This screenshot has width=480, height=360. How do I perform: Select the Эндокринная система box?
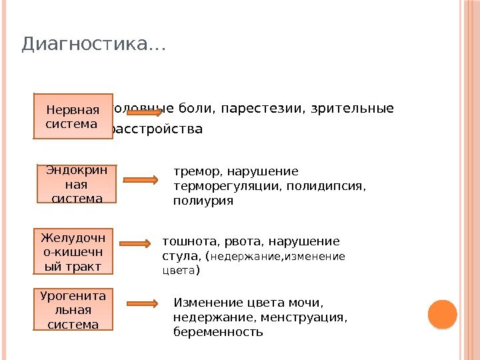coord(76,184)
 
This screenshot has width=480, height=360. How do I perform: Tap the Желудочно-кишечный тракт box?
coord(73,251)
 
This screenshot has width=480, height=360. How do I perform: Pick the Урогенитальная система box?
coord(73,309)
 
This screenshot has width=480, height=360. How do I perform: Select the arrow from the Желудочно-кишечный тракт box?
coord(139,245)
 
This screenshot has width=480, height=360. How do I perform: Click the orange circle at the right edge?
coord(441,314)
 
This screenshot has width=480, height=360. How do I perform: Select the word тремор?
coord(194,171)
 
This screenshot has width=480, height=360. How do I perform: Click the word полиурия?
coord(203,200)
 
